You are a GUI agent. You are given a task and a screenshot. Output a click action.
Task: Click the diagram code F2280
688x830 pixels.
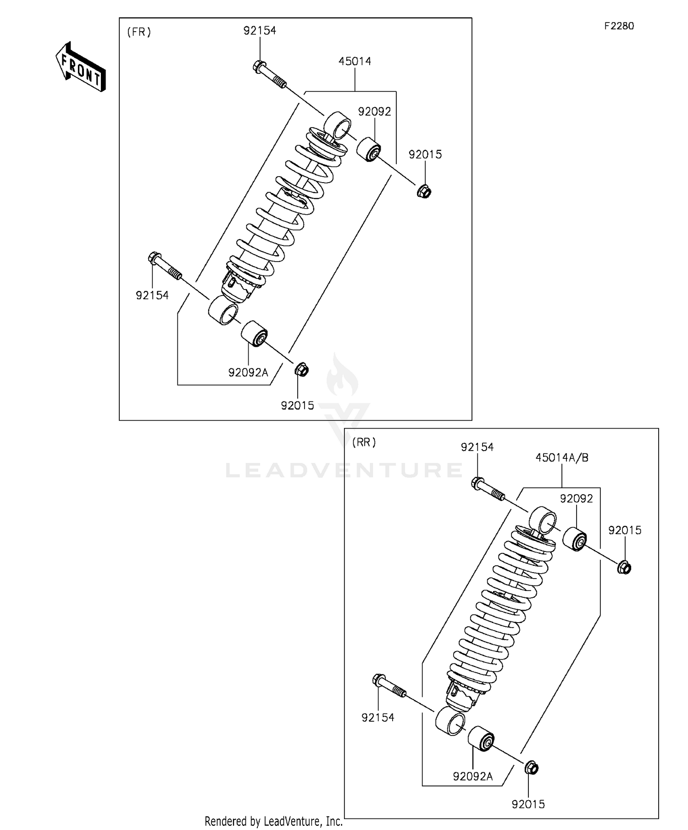pos(619,26)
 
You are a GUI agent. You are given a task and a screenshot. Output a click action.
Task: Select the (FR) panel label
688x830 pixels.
pos(139,32)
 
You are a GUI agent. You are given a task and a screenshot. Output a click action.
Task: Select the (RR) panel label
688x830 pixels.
pos(364,442)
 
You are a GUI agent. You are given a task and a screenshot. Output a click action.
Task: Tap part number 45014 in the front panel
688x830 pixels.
pos(355,61)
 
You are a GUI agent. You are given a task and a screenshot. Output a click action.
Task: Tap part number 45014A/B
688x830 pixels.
pos(562,457)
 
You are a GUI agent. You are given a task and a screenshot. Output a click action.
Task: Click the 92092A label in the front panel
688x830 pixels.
pos(248,373)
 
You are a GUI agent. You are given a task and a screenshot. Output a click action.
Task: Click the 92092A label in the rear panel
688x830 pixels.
pos(472,776)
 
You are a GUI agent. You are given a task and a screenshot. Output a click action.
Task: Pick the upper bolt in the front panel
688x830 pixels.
pos(269,74)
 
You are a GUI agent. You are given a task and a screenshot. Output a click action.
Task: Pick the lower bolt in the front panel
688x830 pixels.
pos(165,267)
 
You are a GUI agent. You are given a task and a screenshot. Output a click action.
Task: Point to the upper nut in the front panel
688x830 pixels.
pos(424,190)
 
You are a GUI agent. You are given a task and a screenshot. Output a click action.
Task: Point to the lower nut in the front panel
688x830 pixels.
pos(301,368)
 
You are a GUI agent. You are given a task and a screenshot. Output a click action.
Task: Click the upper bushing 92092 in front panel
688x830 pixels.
pos(369,149)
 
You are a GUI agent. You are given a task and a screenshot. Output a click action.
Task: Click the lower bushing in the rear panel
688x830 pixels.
pos(481,739)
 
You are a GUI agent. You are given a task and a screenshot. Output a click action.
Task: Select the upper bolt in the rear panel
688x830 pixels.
pos(488,489)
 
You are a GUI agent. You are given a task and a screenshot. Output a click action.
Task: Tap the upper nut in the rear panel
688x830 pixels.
pos(624,568)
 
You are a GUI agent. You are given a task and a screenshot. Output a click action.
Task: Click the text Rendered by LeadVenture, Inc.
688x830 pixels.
pos(273,820)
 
